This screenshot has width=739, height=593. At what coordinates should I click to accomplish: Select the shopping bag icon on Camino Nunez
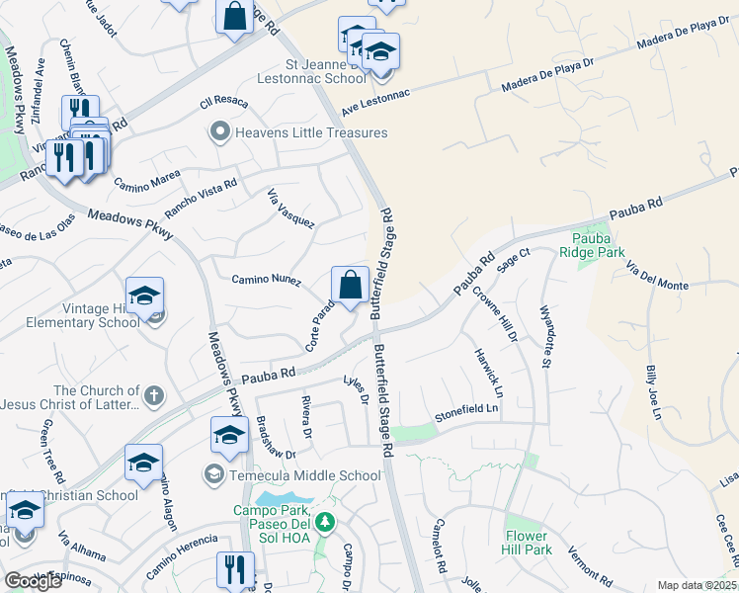coord(350,286)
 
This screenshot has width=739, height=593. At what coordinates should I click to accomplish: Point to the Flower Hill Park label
coord(526,542)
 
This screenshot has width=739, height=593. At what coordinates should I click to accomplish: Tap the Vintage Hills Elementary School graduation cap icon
coord(144,296)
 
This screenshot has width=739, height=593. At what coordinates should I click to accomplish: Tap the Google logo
coord(33,581)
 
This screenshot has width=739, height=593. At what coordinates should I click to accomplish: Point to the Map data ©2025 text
coord(698,585)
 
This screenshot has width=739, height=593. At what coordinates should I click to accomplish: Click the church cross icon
coord(152,396)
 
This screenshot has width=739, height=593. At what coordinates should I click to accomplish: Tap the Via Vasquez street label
coord(291,210)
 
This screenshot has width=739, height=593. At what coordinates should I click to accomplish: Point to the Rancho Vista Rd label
coord(201,198)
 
